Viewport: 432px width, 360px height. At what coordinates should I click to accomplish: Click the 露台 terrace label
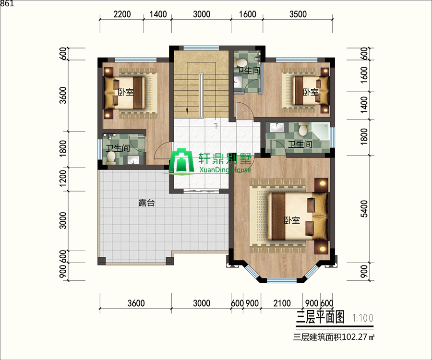pos(146,203)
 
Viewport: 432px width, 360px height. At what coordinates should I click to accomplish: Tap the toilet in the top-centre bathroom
pos(241,62)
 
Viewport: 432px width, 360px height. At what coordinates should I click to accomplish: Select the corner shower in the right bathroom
pos(321,132)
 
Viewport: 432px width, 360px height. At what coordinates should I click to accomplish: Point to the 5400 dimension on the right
pos(364,209)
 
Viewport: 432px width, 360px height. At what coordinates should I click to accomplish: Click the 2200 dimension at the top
pos(122,14)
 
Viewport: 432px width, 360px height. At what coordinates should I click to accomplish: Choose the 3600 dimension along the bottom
pos(136,303)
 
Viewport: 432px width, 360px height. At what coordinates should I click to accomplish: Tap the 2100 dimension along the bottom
pos(282,303)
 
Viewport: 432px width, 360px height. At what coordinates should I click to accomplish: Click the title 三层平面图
pos(321,317)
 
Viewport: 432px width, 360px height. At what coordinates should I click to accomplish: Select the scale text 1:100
pos(363,318)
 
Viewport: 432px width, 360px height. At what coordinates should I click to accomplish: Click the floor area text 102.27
pos(355,337)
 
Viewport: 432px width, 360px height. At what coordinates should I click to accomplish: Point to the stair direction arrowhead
pos(187,111)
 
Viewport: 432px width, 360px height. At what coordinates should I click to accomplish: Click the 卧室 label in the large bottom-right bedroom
pos(292,220)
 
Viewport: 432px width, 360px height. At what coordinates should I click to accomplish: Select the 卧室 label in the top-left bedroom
pos(126,92)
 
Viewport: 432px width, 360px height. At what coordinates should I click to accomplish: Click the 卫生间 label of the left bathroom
pos(118,148)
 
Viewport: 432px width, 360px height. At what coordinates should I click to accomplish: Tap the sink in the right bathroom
pos(276,128)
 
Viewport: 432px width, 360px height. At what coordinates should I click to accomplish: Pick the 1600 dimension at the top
pos(247,14)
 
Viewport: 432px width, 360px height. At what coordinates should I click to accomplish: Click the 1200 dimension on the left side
pos(63,179)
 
